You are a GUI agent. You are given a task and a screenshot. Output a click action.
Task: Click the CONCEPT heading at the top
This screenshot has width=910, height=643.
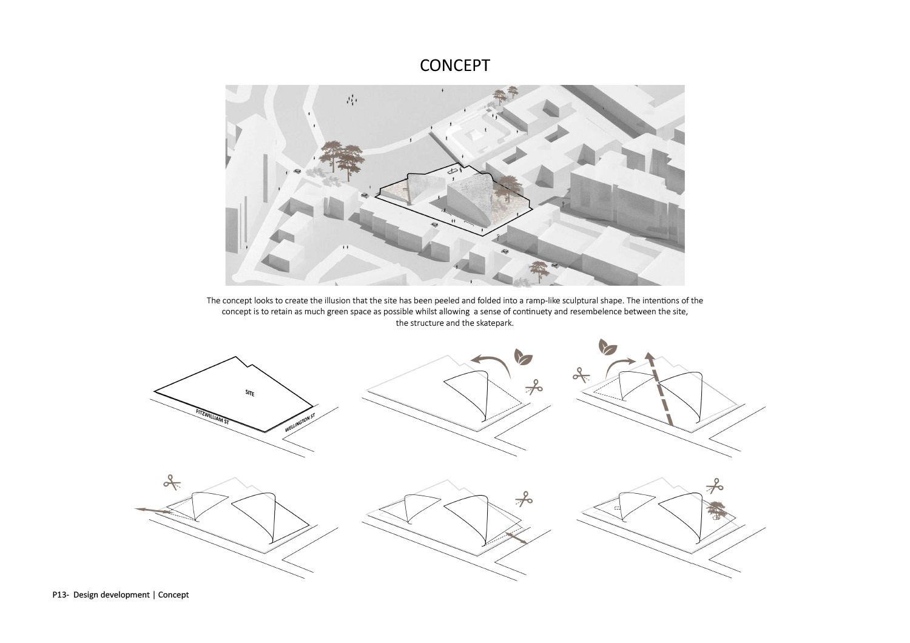click(454, 66)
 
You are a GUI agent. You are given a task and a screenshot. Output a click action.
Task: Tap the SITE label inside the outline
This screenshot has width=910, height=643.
click(250, 394)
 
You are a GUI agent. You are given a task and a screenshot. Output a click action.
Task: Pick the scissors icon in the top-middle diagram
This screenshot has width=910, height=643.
click(533, 386)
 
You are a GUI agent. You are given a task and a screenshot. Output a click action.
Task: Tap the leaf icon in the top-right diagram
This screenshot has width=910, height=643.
click(608, 348)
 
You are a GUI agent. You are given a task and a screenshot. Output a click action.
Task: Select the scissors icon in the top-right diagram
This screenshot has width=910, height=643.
click(581, 375)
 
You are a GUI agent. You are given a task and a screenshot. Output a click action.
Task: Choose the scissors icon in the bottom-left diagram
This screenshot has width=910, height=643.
click(172, 482)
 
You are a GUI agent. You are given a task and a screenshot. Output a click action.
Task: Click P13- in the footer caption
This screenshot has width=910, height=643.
click(60, 594)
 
